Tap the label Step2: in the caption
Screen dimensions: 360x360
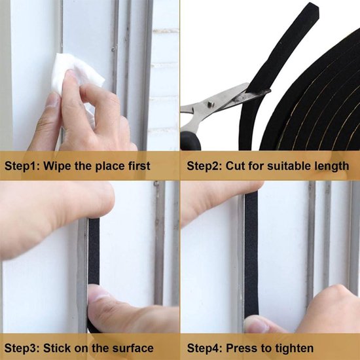coord(204,166)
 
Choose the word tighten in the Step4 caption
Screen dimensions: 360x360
coord(295,348)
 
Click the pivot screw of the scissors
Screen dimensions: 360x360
coord(211,105)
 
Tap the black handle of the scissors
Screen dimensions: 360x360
coord(190,141)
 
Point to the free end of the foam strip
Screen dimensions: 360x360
coord(311,8)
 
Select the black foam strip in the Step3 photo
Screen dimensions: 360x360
coord(94,264)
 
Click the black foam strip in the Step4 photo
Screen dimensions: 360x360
coord(251,254)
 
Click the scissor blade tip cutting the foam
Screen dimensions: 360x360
coord(269,91)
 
